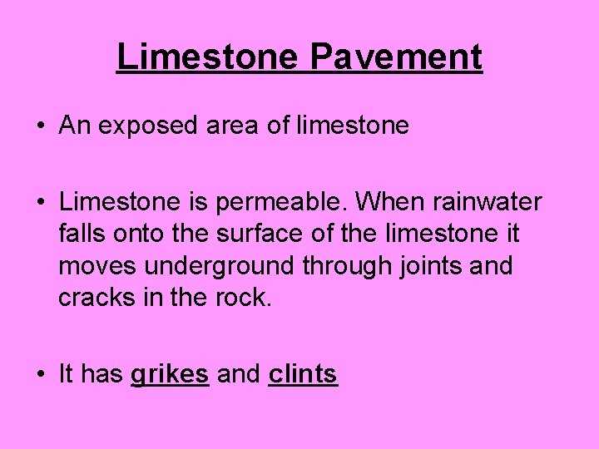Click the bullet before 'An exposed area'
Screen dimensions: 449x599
pyautogui.click(x=40, y=126)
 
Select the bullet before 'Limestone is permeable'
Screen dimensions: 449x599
pyautogui.click(x=40, y=203)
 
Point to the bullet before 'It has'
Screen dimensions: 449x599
pyautogui.click(x=40, y=375)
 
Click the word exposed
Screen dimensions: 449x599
pyautogui.click(x=146, y=126)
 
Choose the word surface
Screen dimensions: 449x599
pyautogui.click(x=261, y=234)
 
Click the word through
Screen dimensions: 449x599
pyautogui.click(x=348, y=267)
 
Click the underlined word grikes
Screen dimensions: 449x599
pyautogui.click(x=170, y=375)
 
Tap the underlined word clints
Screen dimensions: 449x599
pyautogui.click(x=303, y=374)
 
